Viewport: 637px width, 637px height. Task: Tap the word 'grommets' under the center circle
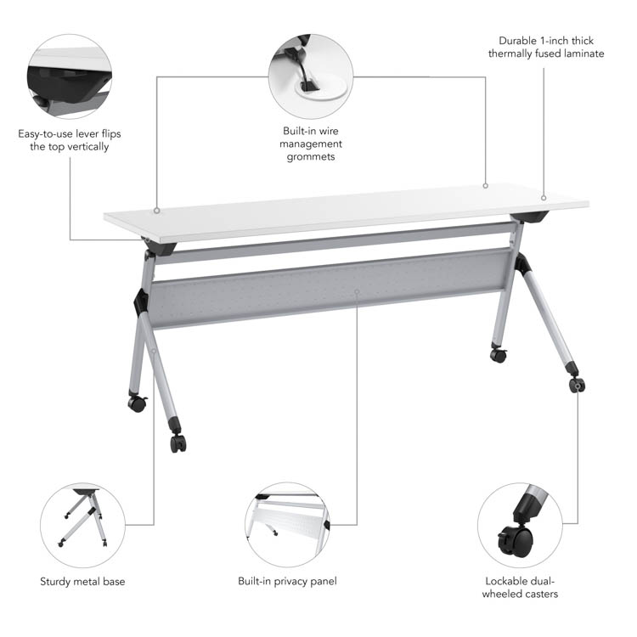click(311, 157)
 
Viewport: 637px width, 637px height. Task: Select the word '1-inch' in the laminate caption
click(554, 41)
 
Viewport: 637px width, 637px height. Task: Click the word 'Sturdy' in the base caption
click(56, 582)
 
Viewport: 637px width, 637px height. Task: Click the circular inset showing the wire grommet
click(311, 76)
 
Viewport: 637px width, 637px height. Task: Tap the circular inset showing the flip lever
click(70, 76)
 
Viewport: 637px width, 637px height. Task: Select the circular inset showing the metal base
click(82, 525)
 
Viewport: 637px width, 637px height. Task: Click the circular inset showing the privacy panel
click(288, 525)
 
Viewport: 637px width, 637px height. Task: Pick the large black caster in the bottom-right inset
click(516, 541)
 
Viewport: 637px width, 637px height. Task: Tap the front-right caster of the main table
click(577, 384)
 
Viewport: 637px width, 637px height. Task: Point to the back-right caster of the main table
click(499, 355)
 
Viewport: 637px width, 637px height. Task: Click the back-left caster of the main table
click(138, 403)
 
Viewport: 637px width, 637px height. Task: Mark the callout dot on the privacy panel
click(357, 291)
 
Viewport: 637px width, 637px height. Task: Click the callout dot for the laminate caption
click(544, 198)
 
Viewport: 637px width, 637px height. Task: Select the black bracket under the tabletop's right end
click(530, 216)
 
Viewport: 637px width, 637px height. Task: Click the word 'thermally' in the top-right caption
click(510, 54)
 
